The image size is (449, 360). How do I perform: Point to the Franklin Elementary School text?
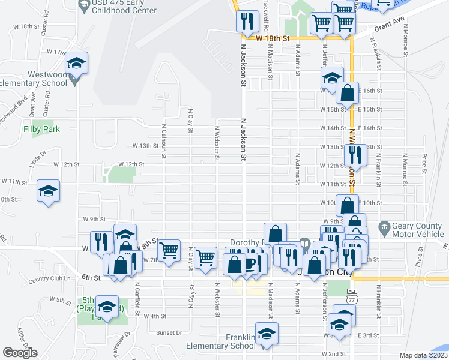[220, 341]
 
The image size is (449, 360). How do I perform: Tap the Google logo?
[20, 353]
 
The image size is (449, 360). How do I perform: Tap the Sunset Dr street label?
[169, 332]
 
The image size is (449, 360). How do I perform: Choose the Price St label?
[424, 160]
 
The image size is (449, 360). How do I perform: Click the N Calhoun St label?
[163, 137]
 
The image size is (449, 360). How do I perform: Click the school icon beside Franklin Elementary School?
[267, 334]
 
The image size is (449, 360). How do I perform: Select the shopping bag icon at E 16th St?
[348, 93]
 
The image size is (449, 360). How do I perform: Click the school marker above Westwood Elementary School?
[77, 63]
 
